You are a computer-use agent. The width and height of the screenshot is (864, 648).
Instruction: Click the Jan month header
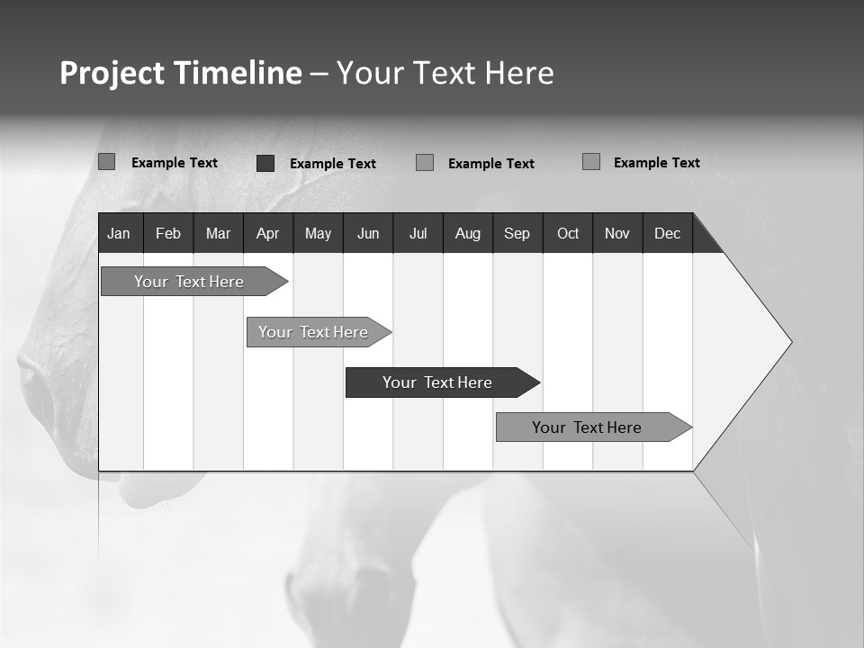[x=120, y=233]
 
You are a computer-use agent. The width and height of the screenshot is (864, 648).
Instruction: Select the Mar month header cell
[x=218, y=233]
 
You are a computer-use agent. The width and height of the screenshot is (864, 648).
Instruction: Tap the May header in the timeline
[x=318, y=233]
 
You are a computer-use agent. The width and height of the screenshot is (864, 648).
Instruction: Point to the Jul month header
[x=418, y=233]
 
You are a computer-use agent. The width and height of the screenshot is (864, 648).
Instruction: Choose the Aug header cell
[x=467, y=233]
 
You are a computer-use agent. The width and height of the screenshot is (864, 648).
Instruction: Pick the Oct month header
[x=568, y=233]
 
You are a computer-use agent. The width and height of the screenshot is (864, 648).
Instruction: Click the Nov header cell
[x=617, y=233]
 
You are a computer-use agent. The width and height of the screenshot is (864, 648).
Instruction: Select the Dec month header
[x=667, y=233]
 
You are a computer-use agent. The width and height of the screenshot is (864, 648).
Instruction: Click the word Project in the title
[x=112, y=73]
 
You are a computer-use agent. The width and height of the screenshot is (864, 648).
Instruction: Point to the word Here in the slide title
[x=519, y=73]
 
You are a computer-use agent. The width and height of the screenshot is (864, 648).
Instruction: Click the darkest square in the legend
[x=265, y=163]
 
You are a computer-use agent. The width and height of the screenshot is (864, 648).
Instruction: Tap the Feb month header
[x=168, y=233]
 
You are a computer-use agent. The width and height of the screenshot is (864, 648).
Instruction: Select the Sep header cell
[x=517, y=233]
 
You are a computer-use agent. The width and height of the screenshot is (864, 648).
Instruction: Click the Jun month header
[x=368, y=233]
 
